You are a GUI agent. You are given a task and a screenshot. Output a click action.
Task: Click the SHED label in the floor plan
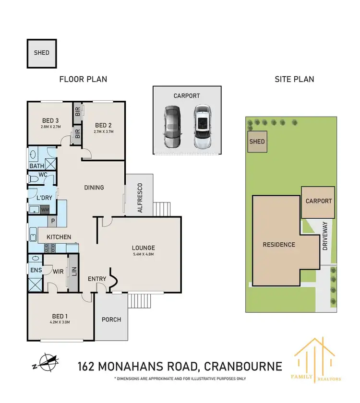(x=41, y=53)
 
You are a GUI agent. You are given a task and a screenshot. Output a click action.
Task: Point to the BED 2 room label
(x=104, y=120)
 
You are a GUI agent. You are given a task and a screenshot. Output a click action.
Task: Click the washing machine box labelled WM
(x=45, y=210)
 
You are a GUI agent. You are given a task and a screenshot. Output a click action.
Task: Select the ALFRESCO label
(x=140, y=198)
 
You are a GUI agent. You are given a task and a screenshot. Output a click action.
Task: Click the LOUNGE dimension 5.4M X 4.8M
(x=144, y=254)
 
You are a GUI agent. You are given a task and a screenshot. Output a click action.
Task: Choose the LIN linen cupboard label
(x=73, y=274)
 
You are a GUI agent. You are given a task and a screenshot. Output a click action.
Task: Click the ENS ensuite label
(x=36, y=271)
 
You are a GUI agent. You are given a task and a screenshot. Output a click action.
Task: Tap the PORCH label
(x=111, y=320)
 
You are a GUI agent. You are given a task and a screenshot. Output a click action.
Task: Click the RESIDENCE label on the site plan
(x=278, y=245)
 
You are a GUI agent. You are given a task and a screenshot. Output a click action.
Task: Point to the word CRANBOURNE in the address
(x=243, y=367)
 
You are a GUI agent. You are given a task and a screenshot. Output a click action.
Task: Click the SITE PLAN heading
(x=294, y=79)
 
